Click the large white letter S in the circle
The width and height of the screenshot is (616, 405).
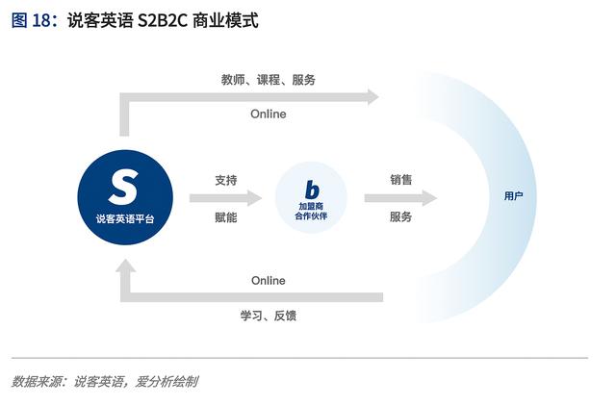tap(124, 186)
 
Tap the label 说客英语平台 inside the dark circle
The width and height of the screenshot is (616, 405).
tap(124, 219)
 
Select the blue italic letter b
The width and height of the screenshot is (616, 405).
tap(311, 190)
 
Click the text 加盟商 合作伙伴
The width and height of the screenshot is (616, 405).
tap(311, 213)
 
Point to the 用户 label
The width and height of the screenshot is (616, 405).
tap(514, 196)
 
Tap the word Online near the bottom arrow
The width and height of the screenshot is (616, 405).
tap(269, 281)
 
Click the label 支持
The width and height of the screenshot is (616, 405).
tap(226, 179)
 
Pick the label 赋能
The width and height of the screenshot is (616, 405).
tap(226, 217)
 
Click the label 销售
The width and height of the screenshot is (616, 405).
tap(401, 179)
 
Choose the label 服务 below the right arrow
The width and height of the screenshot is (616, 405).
tap(401, 217)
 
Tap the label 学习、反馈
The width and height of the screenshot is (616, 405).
tap(269, 316)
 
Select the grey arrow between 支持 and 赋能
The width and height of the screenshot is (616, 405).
tap(225, 198)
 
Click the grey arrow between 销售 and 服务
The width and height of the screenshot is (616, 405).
tap(400, 198)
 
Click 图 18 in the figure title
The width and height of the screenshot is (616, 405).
tap(33, 20)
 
